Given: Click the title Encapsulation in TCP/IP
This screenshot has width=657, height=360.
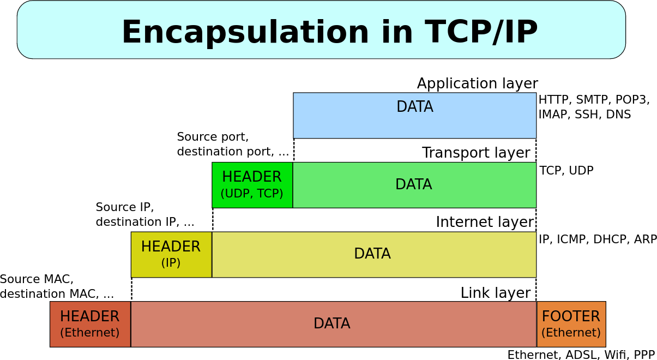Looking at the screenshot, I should click(x=329, y=32).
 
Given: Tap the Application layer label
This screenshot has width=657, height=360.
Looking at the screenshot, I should click(x=477, y=83).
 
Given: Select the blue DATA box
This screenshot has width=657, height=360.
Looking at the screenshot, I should click(x=414, y=116).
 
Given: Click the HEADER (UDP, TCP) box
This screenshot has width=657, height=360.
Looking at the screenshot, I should click(x=252, y=185).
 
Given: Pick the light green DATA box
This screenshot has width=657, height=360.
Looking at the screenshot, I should click(x=414, y=185).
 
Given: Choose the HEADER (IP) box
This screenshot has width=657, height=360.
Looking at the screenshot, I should click(x=171, y=254).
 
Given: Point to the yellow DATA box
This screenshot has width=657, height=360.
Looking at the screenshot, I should click(x=373, y=254).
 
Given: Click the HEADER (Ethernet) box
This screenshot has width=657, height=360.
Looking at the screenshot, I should click(x=90, y=324).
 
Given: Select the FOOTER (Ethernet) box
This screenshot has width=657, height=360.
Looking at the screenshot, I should click(x=571, y=324).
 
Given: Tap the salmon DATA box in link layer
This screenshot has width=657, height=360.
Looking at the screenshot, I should click(x=333, y=324).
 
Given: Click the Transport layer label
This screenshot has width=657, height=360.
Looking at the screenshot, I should click(x=476, y=153).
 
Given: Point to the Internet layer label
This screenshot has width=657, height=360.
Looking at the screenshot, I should click(x=485, y=222).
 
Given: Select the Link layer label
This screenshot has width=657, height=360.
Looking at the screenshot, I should click(x=495, y=293).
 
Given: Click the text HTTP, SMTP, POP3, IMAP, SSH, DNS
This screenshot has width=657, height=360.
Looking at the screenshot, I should click(x=593, y=107).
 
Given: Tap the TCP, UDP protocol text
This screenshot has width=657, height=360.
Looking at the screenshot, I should click(x=566, y=170).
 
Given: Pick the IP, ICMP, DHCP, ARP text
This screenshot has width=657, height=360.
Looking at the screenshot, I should click(x=598, y=239).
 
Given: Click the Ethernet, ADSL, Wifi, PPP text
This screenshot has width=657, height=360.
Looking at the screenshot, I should click(x=581, y=355).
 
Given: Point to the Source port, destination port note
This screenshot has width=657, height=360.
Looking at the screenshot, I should click(x=233, y=144).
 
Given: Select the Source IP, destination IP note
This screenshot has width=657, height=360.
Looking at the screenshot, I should click(x=145, y=214).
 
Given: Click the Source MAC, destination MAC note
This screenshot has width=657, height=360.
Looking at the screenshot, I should click(x=57, y=286).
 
